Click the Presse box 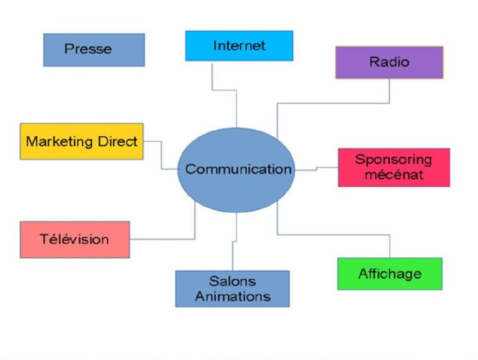[x=94, y=49]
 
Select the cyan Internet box [x=239, y=46]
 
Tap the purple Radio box [x=389, y=62]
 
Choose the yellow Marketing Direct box [x=81, y=141]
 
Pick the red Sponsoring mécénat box [x=394, y=167]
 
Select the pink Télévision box [x=75, y=239]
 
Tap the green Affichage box [x=389, y=274]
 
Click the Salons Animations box [x=232, y=289]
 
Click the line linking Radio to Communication [x=334, y=103]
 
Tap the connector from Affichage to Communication [x=334, y=235]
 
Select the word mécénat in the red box [x=394, y=175]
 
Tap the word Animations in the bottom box [x=232, y=296]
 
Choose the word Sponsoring [x=394, y=159]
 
